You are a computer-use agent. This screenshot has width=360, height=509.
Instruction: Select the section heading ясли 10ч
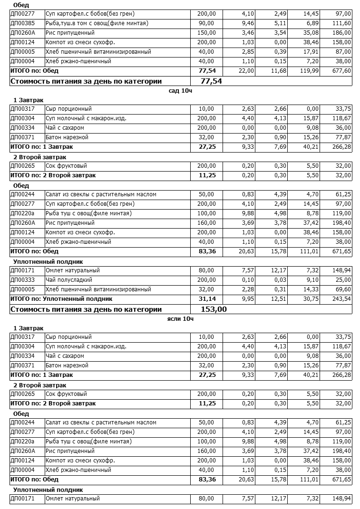180,318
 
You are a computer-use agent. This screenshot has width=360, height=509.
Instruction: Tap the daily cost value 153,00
214,309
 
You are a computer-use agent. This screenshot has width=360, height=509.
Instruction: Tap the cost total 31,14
208,299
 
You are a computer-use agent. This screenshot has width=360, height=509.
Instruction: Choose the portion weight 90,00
206,23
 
